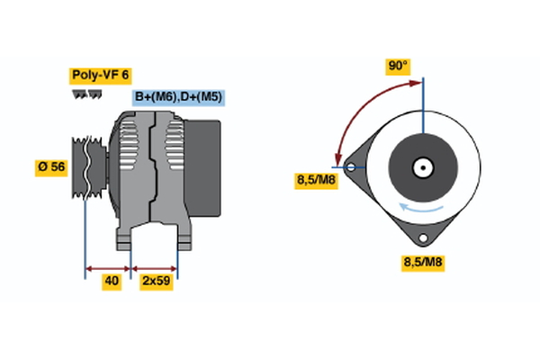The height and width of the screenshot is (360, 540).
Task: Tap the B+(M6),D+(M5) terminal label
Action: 178,96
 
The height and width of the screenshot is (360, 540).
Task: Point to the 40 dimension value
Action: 112,282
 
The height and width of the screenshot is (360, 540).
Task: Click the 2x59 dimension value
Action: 156,282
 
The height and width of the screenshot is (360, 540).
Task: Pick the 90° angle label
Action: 398,66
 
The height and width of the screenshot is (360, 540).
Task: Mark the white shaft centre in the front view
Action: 421,167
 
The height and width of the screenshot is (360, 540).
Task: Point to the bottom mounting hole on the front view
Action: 421,238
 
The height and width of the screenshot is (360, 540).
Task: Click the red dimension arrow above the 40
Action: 108,267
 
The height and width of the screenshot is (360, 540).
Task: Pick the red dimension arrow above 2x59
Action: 155,267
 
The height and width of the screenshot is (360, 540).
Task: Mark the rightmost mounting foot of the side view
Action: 184,238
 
